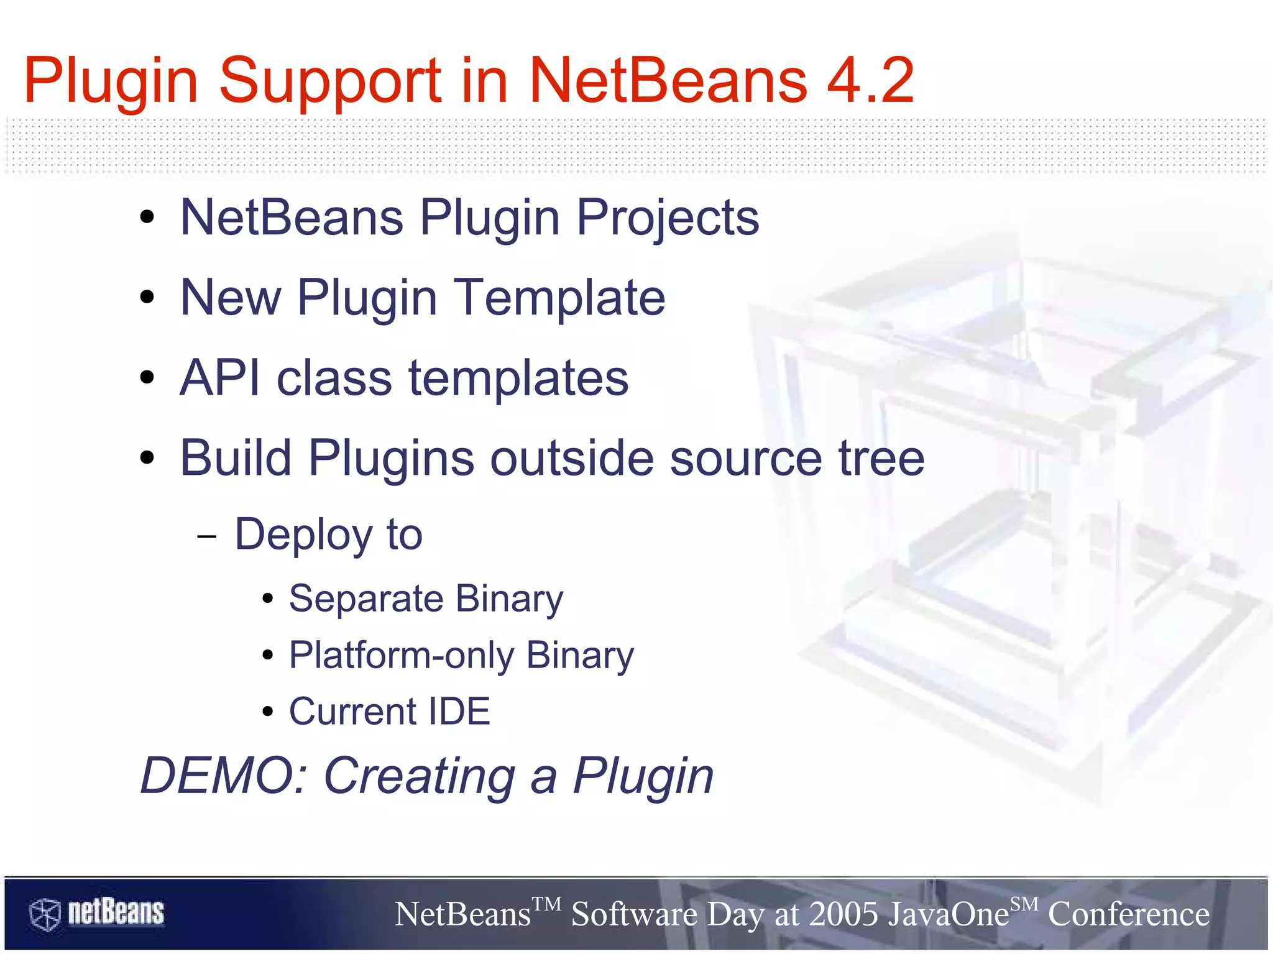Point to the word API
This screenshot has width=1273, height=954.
coord(219,378)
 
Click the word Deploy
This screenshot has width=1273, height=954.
coord(303,535)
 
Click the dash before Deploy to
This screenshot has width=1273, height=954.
coord(206,536)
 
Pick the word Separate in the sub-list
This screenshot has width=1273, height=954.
coord(366,599)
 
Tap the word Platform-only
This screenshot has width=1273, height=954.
coord(402,656)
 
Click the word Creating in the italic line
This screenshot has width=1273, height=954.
coord(420,776)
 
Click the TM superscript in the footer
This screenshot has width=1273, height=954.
coord(547,903)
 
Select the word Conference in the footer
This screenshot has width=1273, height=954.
coord(1129,914)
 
